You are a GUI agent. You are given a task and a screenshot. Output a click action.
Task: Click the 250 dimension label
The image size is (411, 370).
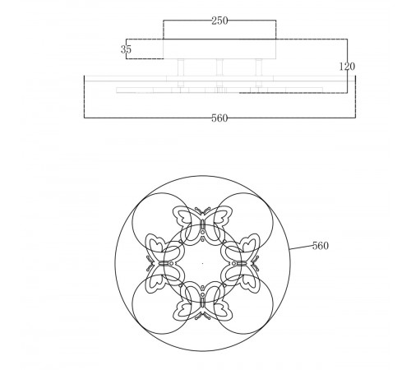pyautogui.click(x=219, y=21)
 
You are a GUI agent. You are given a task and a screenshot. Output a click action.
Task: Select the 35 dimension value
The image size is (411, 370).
pyautogui.click(x=126, y=49)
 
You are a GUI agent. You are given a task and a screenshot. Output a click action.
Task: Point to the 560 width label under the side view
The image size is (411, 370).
pyautogui.click(x=219, y=118)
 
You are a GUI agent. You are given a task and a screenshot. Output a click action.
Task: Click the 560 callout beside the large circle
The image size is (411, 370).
pyautogui.click(x=321, y=246)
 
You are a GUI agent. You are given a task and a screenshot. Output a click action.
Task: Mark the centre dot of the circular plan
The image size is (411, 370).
pyautogui.click(x=201, y=263)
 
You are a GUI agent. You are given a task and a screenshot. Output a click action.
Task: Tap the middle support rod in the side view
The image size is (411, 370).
pyautogui.click(x=219, y=69)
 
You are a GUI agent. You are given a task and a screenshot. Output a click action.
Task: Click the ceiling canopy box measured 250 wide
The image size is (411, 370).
pyautogui.click(x=219, y=49)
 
